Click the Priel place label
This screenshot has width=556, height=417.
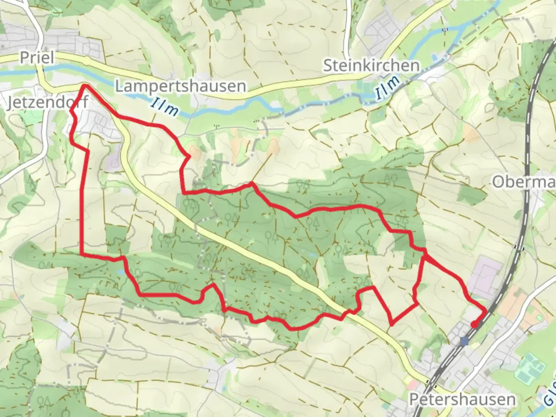[36, 58]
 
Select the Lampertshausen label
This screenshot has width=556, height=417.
[181, 86]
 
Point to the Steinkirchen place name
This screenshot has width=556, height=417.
[371, 66]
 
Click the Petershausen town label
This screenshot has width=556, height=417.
[462, 399]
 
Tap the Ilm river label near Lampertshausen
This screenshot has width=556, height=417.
[165, 107]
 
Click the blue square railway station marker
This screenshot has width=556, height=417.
[464, 341]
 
